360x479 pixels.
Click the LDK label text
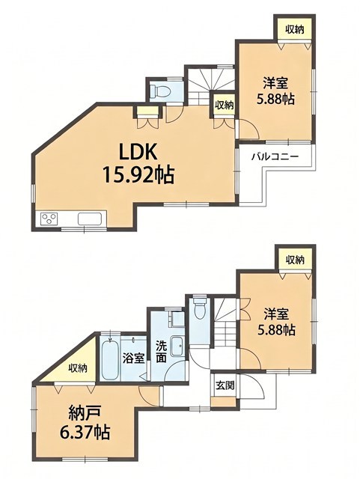pos(138,152)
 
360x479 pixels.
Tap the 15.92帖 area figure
pos(138,174)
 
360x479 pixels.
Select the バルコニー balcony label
pos(275,157)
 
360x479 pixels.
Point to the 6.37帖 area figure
pos(85,432)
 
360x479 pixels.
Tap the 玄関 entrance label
pos(225,385)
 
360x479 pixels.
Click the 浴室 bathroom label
pos(133,358)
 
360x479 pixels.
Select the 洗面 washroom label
pos(161,351)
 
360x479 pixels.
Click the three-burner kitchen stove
pos(49,219)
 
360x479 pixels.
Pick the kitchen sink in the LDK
pos(90,219)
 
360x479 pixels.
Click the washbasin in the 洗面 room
pos(177,346)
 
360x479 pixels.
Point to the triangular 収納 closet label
pos(78,367)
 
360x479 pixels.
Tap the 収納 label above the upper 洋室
pos(295,30)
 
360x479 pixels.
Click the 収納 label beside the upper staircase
pos(224,106)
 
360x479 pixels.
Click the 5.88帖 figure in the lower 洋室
pos(277,330)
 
